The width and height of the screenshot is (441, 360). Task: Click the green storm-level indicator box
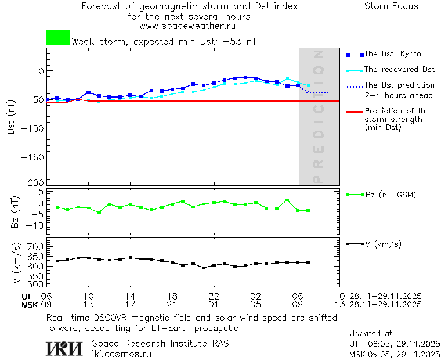pyautogui.click(x=58, y=38)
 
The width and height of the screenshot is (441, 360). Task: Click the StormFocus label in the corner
pyautogui.click(x=391, y=6)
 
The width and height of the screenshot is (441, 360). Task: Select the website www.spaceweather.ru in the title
pyautogui.click(x=187, y=26)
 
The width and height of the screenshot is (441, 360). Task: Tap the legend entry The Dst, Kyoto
pyautogui.click(x=392, y=54)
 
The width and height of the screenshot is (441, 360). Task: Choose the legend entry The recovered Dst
pyautogui.click(x=399, y=69)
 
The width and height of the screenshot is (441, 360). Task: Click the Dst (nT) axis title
pyautogui.click(x=10, y=116)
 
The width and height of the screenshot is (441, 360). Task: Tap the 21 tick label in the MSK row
pyautogui.click(x=172, y=304)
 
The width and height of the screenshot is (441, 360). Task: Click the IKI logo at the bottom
pyautogui.click(x=64, y=348)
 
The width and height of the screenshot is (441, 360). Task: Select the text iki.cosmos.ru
pyautogui.click(x=121, y=353)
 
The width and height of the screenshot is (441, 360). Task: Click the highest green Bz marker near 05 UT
pyautogui.click(x=287, y=200)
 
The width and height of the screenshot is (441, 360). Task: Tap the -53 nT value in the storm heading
pyautogui.click(x=242, y=41)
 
